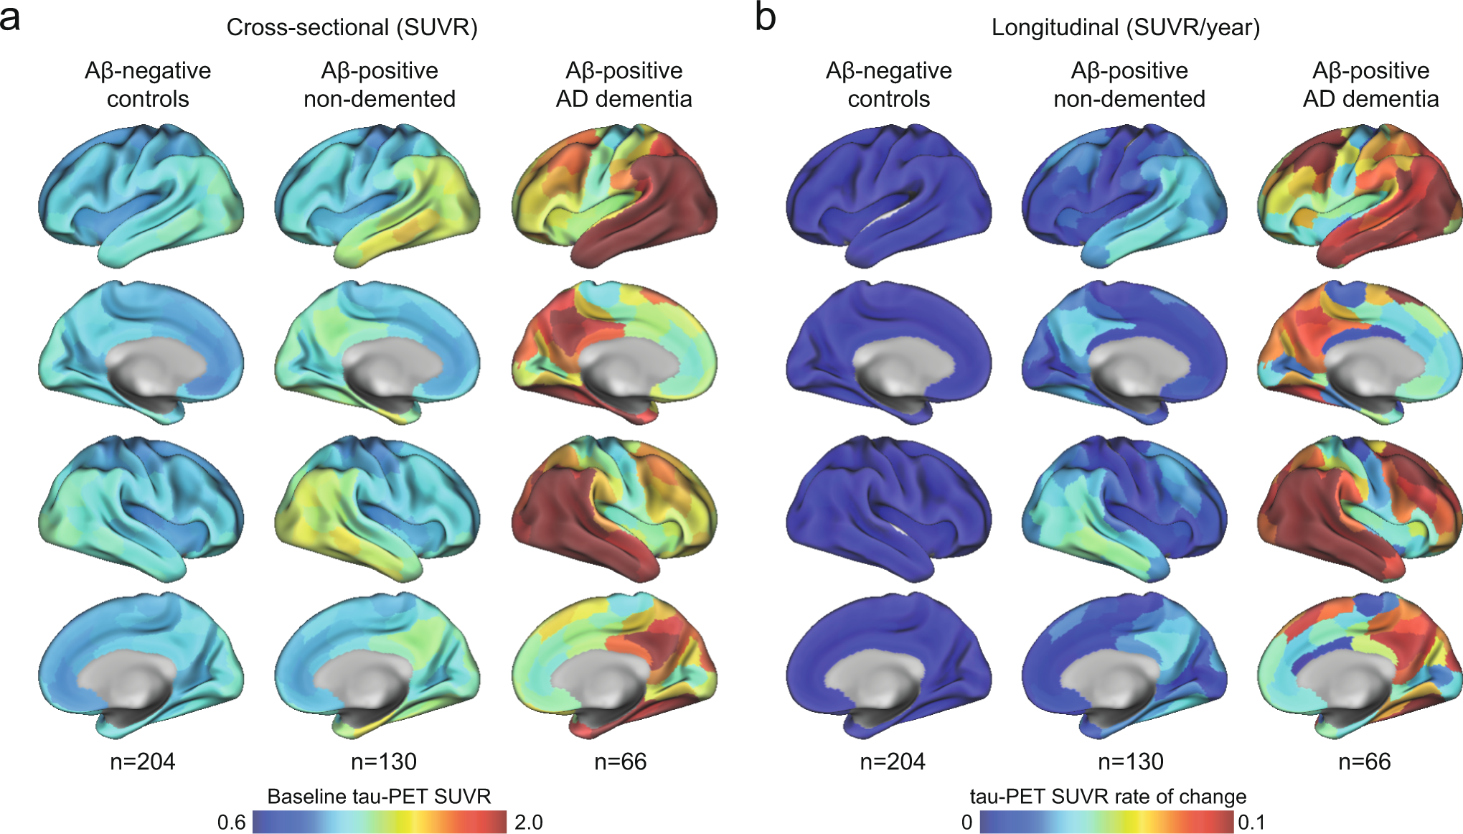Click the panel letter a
[10, 17]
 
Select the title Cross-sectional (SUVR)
[352, 27]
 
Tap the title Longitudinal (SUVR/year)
[1125, 27]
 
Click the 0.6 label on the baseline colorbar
[231, 822]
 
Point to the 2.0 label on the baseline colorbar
[528, 822]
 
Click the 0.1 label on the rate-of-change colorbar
[1251, 822]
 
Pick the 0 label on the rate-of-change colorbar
[966, 822]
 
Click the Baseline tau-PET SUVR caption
[379, 796]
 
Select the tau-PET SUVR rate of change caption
[1108, 796]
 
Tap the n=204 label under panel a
[142, 761]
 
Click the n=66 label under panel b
[1364, 761]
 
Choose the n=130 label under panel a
[383, 761]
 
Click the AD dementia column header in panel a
[624, 85]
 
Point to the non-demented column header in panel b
[1129, 85]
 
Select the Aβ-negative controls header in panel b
[888, 85]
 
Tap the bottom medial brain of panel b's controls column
[888, 664]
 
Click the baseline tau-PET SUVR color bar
[380, 822]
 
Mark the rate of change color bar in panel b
[1106, 822]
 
